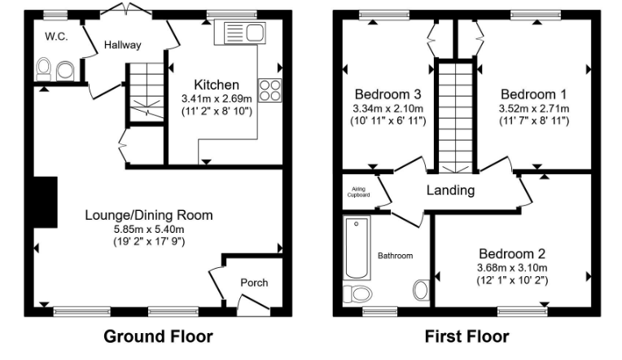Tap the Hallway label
coord(122,46)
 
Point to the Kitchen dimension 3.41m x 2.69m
coord(216,99)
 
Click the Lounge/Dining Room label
coord(149,216)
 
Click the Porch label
coord(253,283)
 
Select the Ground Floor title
coord(158,336)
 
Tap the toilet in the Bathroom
coord(357,293)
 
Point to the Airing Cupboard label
coord(359,192)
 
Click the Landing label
coord(451,191)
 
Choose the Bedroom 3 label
coord(388,94)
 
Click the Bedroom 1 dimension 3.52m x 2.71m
coord(534,108)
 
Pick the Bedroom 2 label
coord(512,253)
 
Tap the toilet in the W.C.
coord(44,69)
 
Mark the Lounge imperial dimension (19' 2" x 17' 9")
coord(149,241)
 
